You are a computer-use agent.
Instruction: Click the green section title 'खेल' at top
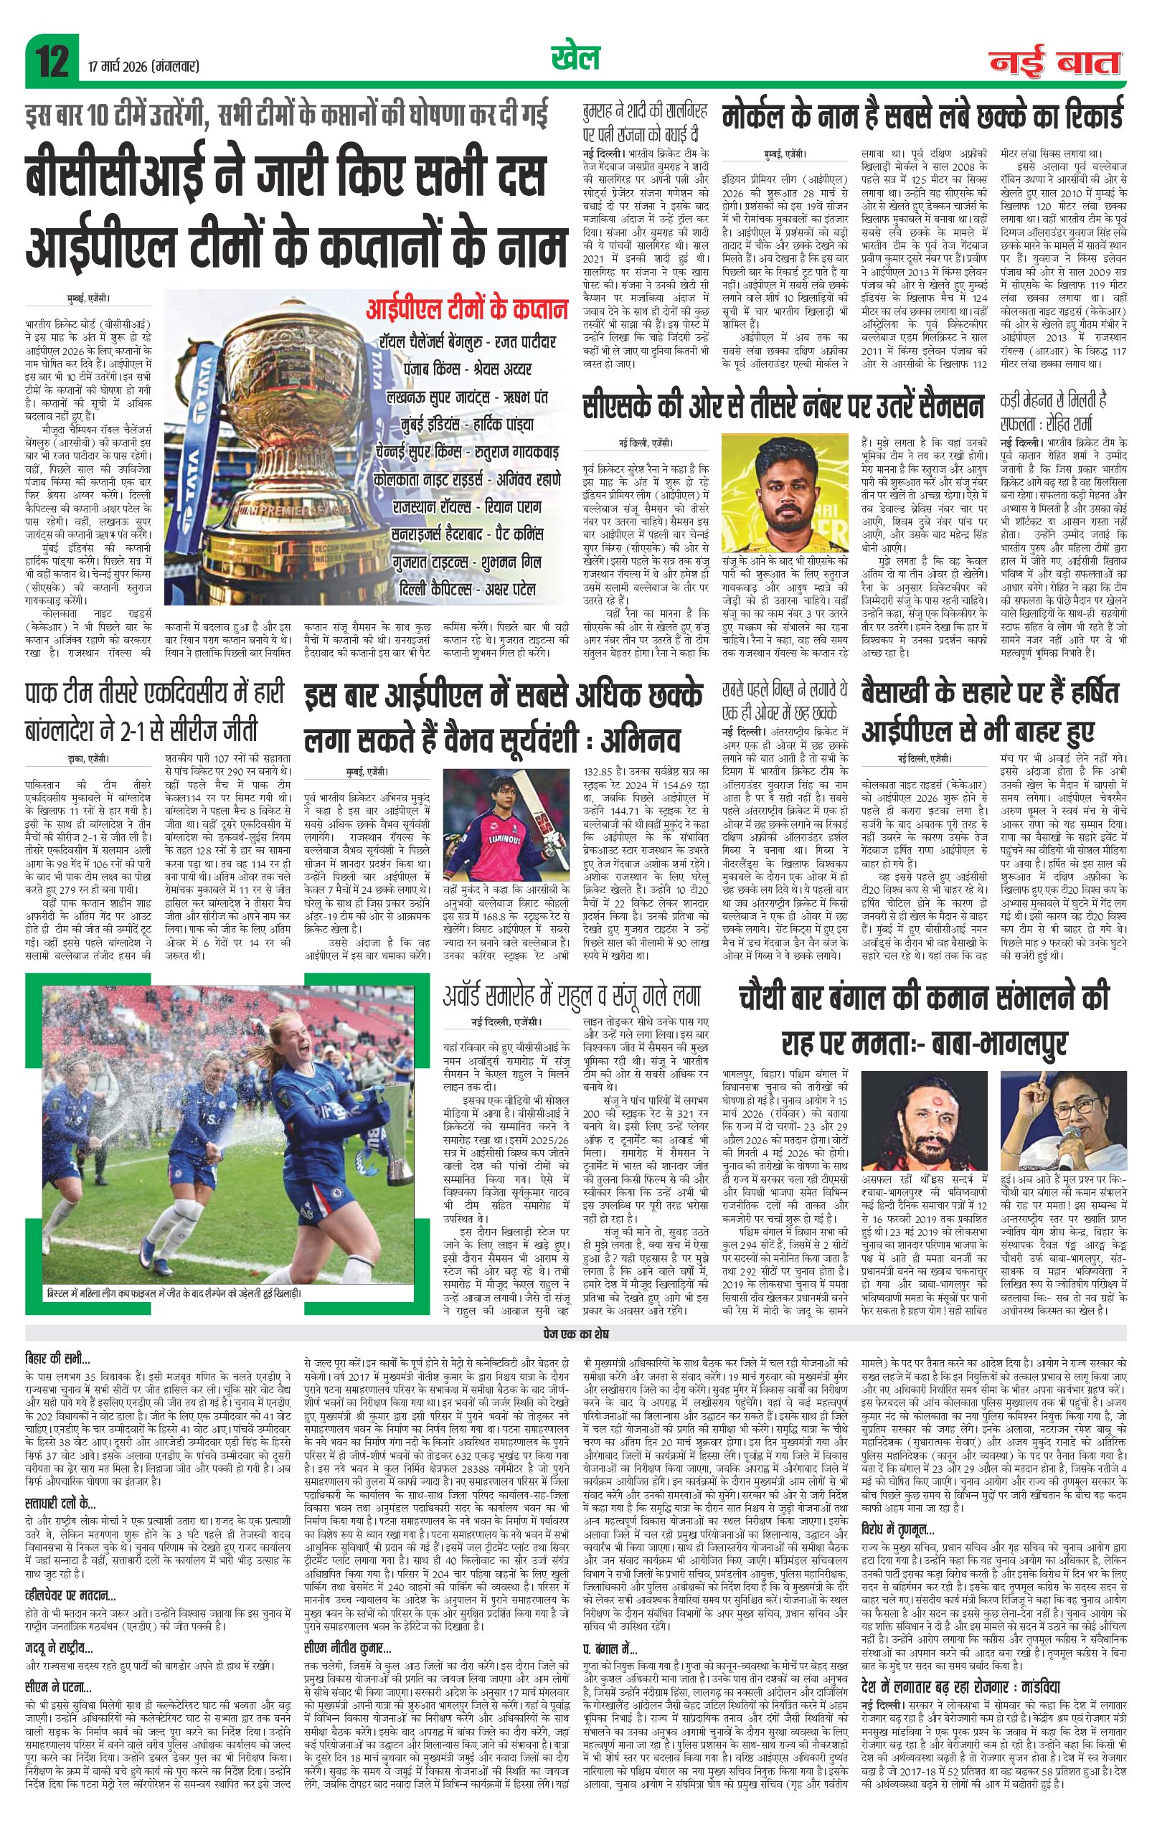click(x=575, y=58)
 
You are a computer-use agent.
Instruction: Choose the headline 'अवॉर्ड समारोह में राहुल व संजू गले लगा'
click(x=572, y=996)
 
